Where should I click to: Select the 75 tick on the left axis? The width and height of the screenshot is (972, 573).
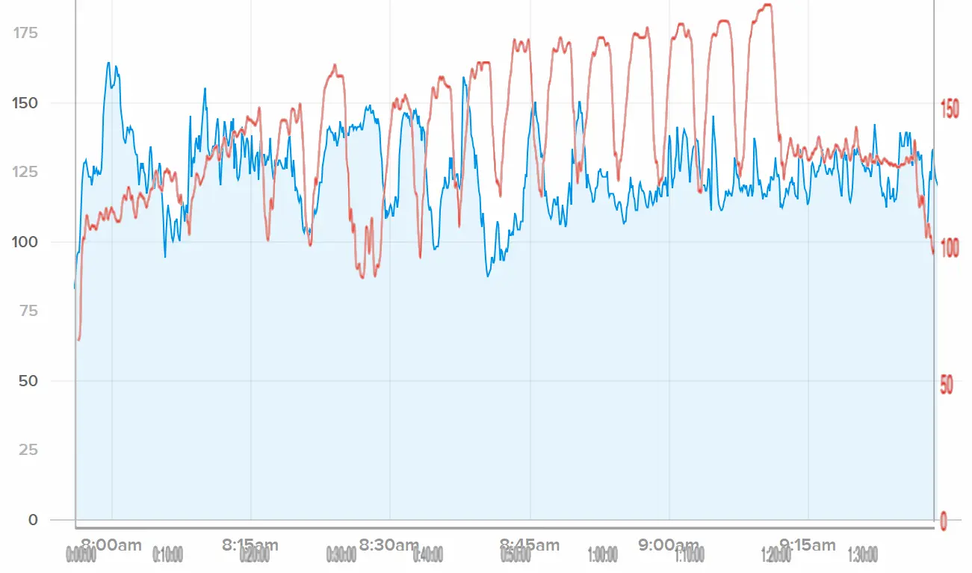28,311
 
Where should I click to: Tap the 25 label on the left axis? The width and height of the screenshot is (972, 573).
28,450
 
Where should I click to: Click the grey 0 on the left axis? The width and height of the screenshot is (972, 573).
32,520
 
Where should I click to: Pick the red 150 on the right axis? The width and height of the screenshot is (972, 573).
950,109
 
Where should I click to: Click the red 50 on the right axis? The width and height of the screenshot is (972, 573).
947,385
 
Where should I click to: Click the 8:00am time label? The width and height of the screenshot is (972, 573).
111,545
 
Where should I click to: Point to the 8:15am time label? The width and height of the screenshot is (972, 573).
250,545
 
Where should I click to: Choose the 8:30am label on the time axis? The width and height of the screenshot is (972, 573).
389,545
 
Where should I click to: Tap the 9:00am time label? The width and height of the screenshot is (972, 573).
669,545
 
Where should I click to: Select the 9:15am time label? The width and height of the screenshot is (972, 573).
808,545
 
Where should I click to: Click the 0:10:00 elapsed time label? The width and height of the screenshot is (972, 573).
167,555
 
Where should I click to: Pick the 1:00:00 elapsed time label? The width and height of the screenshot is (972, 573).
602,555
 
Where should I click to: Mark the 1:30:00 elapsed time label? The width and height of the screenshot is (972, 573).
863,555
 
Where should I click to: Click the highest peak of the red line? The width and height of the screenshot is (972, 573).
767,5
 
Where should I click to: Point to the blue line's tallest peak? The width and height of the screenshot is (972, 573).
108,63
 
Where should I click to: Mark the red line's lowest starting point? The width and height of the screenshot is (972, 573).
78,340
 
